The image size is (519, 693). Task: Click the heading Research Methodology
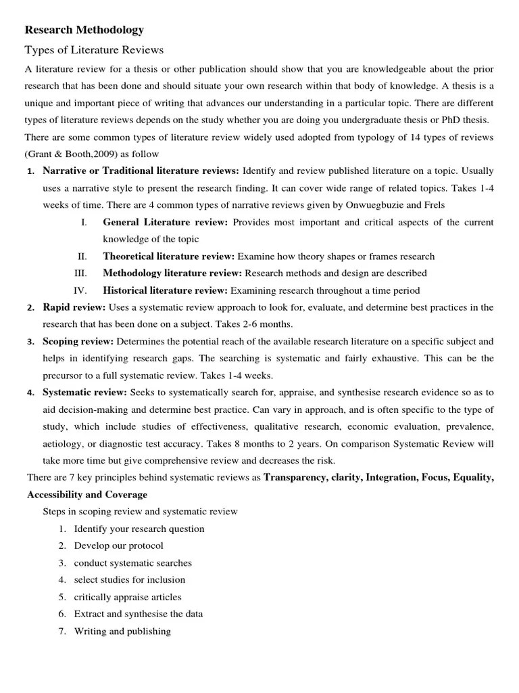84,30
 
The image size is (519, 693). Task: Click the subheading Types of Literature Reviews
94,50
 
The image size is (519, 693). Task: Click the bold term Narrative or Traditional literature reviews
141,171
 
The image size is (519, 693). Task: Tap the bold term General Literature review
166,222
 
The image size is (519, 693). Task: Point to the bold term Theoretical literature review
168,256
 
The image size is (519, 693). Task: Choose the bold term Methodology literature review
172,273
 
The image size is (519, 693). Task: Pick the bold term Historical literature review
166,290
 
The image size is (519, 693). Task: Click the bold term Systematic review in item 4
84,393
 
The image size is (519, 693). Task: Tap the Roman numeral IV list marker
80,290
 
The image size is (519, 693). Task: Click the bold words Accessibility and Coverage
86,494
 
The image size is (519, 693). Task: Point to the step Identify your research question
139,529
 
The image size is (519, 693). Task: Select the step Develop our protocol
119,545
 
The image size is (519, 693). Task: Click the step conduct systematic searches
133,562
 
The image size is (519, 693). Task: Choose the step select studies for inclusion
130,579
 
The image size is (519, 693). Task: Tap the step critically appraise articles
128,597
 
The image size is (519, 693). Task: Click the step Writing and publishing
122,631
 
